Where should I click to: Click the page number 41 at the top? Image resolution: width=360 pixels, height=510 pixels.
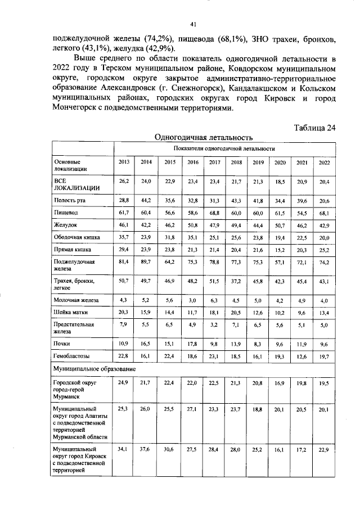[x=193, y=24]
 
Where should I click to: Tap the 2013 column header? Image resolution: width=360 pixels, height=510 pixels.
[x=124, y=162]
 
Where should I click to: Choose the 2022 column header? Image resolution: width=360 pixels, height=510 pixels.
[x=325, y=162]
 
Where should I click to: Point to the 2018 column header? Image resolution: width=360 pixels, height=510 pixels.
[x=236, y=162]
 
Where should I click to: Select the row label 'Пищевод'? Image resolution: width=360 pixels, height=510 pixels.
[x=65, y=214]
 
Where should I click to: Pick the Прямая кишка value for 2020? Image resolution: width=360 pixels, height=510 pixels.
[x=280, y=249]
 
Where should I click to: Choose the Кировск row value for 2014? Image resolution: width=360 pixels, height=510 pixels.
[x=146, y=449]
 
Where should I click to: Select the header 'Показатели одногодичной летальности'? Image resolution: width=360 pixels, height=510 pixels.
[x=224, y=148]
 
